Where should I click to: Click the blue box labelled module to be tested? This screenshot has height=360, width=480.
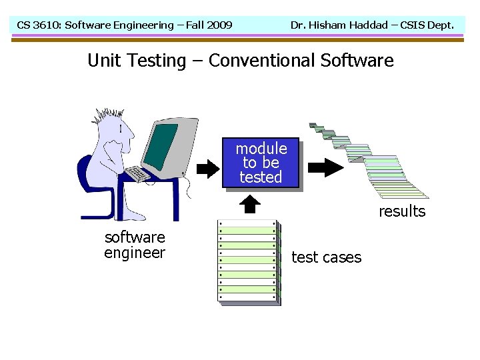click(x=261, y=163)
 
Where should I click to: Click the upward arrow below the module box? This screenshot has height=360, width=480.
click(x=249, y=204)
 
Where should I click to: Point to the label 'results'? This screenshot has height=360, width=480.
click(x=402, y=211)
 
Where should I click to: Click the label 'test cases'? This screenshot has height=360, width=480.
click(x=326, y=257)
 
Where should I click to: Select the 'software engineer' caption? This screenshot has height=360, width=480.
click(x=135, y=245)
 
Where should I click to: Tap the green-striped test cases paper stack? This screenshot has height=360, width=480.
click(x=248, y=262)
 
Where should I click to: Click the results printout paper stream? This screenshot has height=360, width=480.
click(x=373, y=160)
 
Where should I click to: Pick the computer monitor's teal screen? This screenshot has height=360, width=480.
click(x=160, y=147)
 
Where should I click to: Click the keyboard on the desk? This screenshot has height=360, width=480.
click(x=139, y=174)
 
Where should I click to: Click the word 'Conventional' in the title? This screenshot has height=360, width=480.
click(x=261, y=61)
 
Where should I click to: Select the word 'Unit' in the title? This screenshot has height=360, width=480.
click(x=103, y=61)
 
